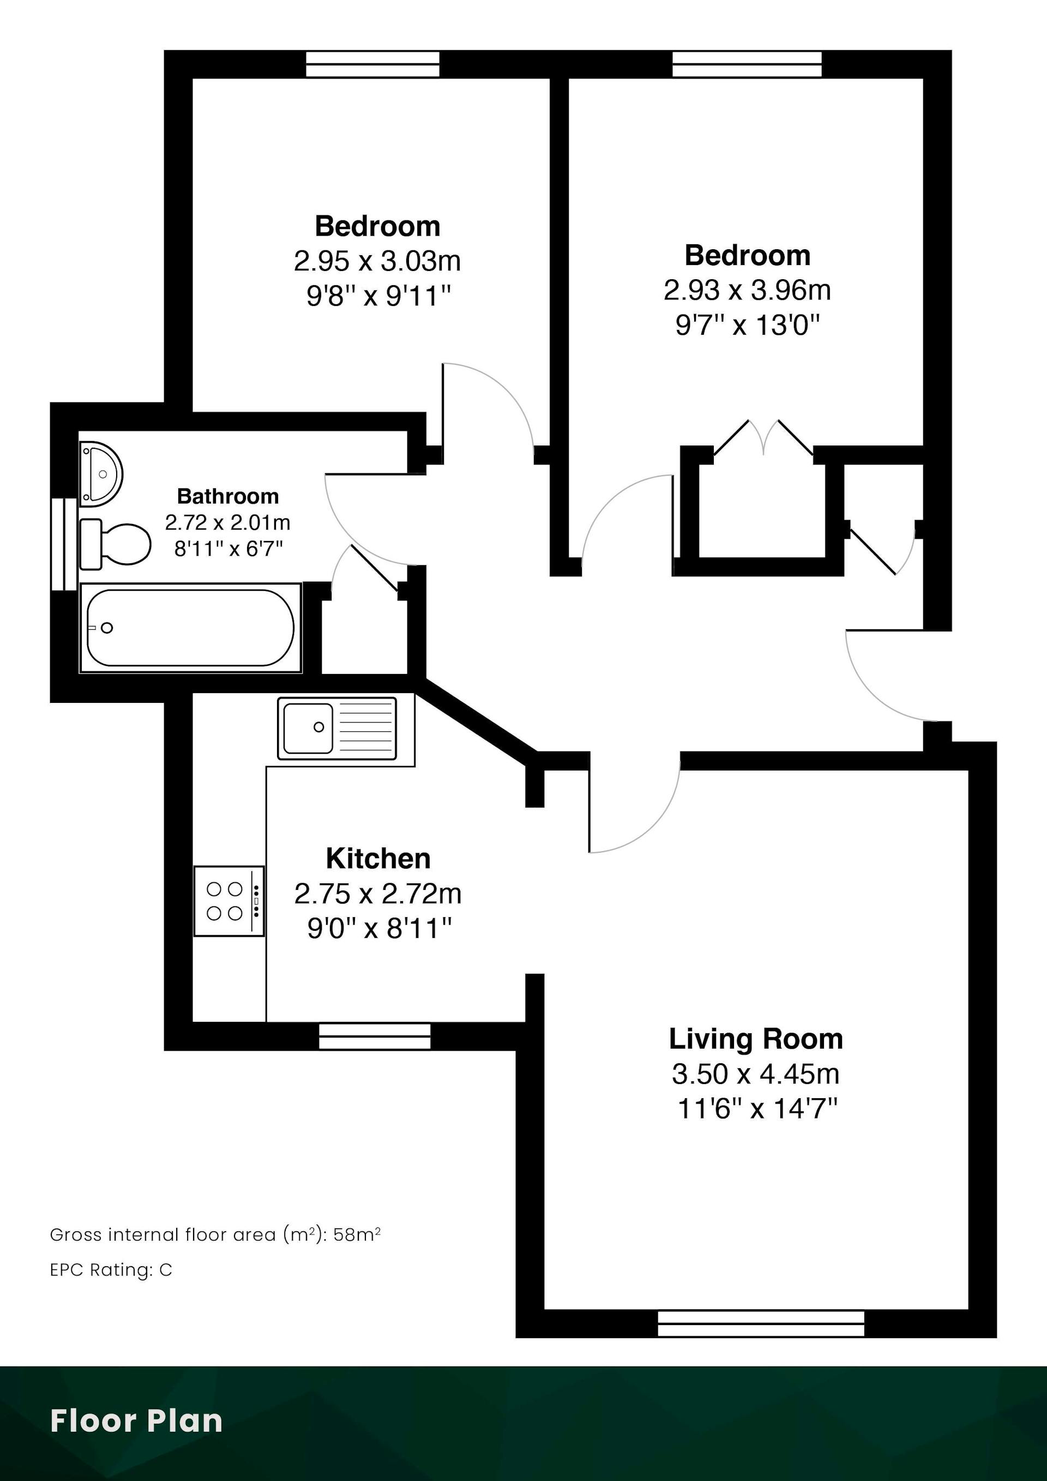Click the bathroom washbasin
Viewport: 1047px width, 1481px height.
tap(101, 474)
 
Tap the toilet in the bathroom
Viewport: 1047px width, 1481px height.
tap(115, 544)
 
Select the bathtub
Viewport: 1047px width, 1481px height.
tap(190, 628)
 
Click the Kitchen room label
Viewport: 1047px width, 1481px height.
tap(378, 858)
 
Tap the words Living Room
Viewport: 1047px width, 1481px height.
tap(756, 1039)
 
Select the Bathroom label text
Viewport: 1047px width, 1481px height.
tap(228, 496)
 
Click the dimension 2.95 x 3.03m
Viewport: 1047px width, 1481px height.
tap(377, 261)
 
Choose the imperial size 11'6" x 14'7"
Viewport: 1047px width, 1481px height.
tap(757, 1109)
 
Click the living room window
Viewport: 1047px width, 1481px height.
tap(761, 1323)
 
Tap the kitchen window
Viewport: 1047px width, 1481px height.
tap(375, 1036)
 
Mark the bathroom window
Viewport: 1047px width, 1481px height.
tap(64, 544)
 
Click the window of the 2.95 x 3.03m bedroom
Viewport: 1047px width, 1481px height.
tap(372, 64)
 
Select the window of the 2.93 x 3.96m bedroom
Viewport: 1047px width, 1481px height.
tap(747, 64)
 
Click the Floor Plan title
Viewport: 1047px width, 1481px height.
tap(136, 1421)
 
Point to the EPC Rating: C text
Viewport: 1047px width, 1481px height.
tap(111, 1270)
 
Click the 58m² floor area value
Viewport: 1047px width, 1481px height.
tap(357, 1235)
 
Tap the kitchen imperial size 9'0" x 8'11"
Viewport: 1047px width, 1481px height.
tap(378, 929)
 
